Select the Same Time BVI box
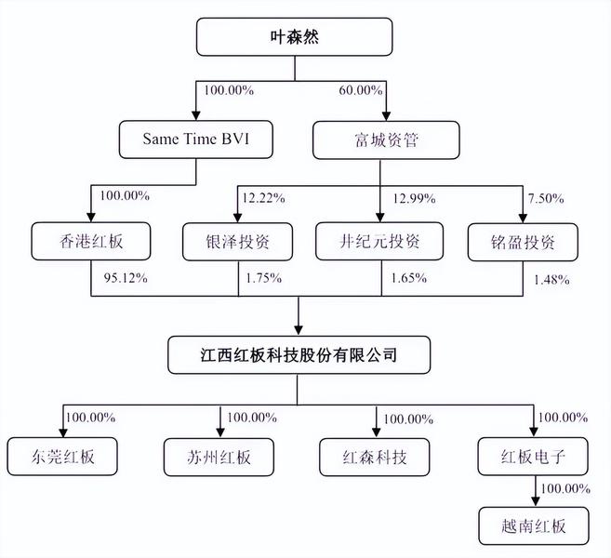tap(195, 140)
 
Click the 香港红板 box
tap(90, 241)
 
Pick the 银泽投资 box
tap(238, 241)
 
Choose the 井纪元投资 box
tap(380, 241)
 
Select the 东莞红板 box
tap(63, 456)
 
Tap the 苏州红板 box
tap(219, 456)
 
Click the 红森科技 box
tap(376, 456)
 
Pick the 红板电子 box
tap(533, 456)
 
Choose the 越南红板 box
tap(534, 525)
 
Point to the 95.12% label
tap(122, 277)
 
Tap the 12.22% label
tap(262, 198)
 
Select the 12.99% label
tap(405, 198)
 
